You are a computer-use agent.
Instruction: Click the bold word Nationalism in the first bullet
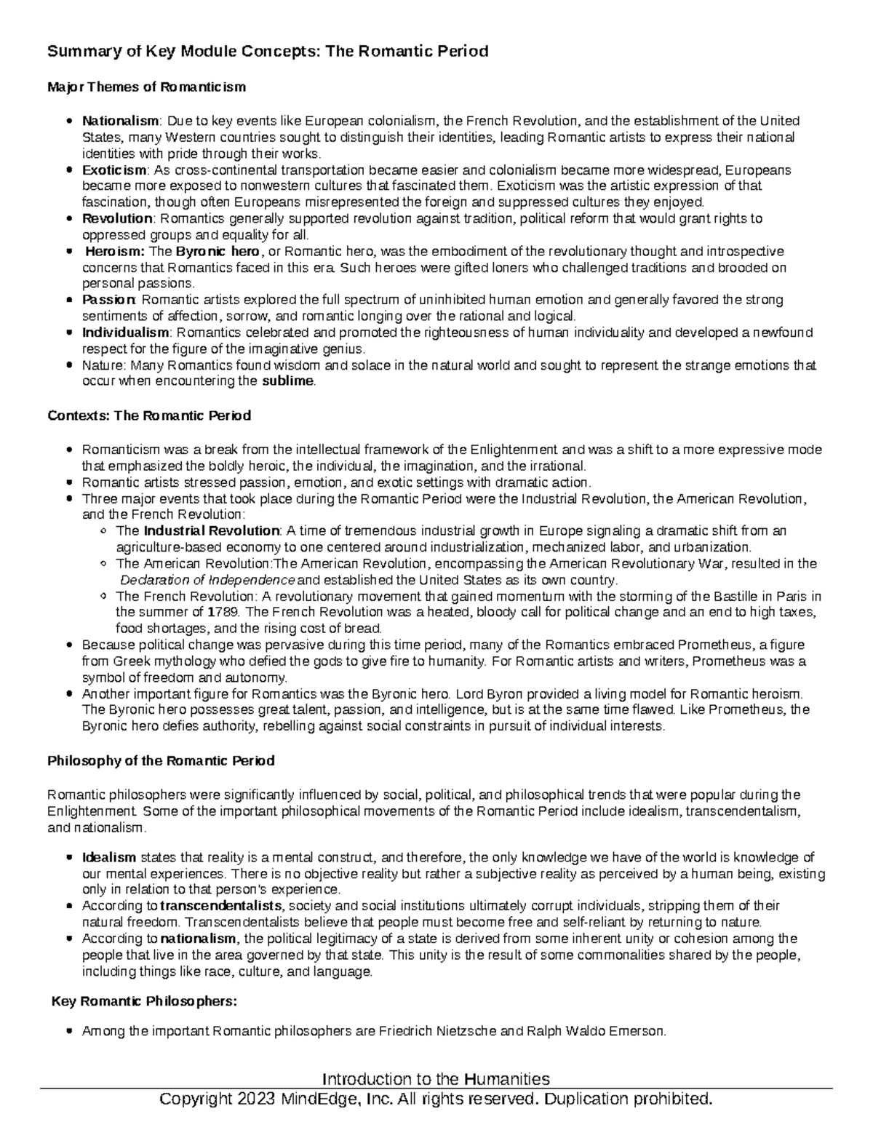click(x=119, y=121)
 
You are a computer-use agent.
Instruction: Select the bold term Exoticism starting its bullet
click(x=114, y=170)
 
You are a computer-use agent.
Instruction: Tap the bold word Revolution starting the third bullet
click(x=117, y=218)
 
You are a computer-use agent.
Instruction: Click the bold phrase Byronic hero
click(x=217, y=251)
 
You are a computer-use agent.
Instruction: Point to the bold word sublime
click(x=288, y=381)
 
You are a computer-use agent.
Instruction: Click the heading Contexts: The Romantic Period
click(x=148, y=415)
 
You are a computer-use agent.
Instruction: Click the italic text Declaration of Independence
click(x=207, y=580)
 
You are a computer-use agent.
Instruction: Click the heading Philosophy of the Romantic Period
click(x=161, y=760)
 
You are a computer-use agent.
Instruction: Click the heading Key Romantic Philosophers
click(x=143, y=1001)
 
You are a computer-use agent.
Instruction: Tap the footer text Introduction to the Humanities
click(x=436, y=1078)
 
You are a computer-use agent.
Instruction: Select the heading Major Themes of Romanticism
click(x=146, y=87)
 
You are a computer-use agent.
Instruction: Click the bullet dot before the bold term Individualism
click(x=68, y=333)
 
